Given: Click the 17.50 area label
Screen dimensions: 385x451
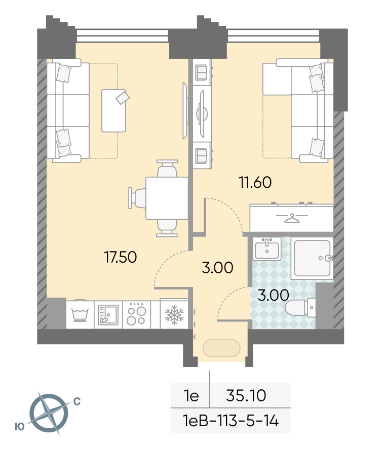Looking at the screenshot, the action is tap(121, 257).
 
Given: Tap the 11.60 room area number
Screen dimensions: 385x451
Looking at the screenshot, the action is tap(255, 182).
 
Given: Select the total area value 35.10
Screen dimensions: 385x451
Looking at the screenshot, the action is tap(246, 395).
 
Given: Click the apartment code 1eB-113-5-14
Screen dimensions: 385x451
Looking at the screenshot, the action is tap(230, 421).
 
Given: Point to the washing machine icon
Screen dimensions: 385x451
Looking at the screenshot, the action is tap(80, 314).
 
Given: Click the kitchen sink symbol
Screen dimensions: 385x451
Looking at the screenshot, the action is tap(108, 315).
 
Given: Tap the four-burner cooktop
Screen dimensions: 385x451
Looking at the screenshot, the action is tap(136, 314).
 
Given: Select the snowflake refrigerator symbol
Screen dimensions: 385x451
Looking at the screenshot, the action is tap(174, 315).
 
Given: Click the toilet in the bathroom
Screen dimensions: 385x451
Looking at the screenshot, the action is tap(300, 307).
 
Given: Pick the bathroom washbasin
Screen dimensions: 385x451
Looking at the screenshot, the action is tap(267, 249).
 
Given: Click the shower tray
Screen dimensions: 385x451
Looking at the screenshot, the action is tap(312, 258).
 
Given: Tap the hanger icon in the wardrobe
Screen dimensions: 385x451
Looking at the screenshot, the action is tap(292, 218).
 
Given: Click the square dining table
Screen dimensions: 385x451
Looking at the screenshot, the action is tap(167, 198).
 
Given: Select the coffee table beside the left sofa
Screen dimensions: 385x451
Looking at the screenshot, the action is tap(114, 110).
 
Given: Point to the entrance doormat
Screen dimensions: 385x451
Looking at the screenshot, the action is tap(221, 348).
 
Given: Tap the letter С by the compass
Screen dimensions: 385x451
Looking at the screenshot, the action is tap(77, 401).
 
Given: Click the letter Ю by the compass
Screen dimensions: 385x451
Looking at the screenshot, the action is tap(20, 427).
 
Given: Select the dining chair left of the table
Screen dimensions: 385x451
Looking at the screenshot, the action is tap(137, 198).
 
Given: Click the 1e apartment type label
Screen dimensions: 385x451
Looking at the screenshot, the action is tap(191, 395).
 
